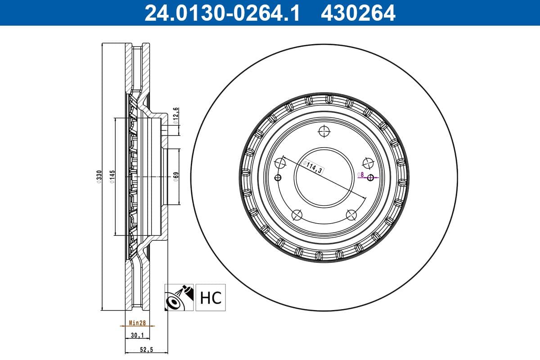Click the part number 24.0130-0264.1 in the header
click(221, 13)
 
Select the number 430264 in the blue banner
click(358, 13)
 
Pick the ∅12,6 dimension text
click(176, 116)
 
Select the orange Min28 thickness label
click(136, 323)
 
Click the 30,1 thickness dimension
click(136, 335)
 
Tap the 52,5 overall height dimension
click(146, 350)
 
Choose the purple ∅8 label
click(360, 174)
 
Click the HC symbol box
click(210, 297)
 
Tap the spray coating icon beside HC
click(179, 297)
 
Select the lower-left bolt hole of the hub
click(297, 215)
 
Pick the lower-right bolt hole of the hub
click(351, 215)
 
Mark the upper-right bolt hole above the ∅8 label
click(368, 163)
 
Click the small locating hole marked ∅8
click(371, 177)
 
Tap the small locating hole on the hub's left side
click(278, 177)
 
